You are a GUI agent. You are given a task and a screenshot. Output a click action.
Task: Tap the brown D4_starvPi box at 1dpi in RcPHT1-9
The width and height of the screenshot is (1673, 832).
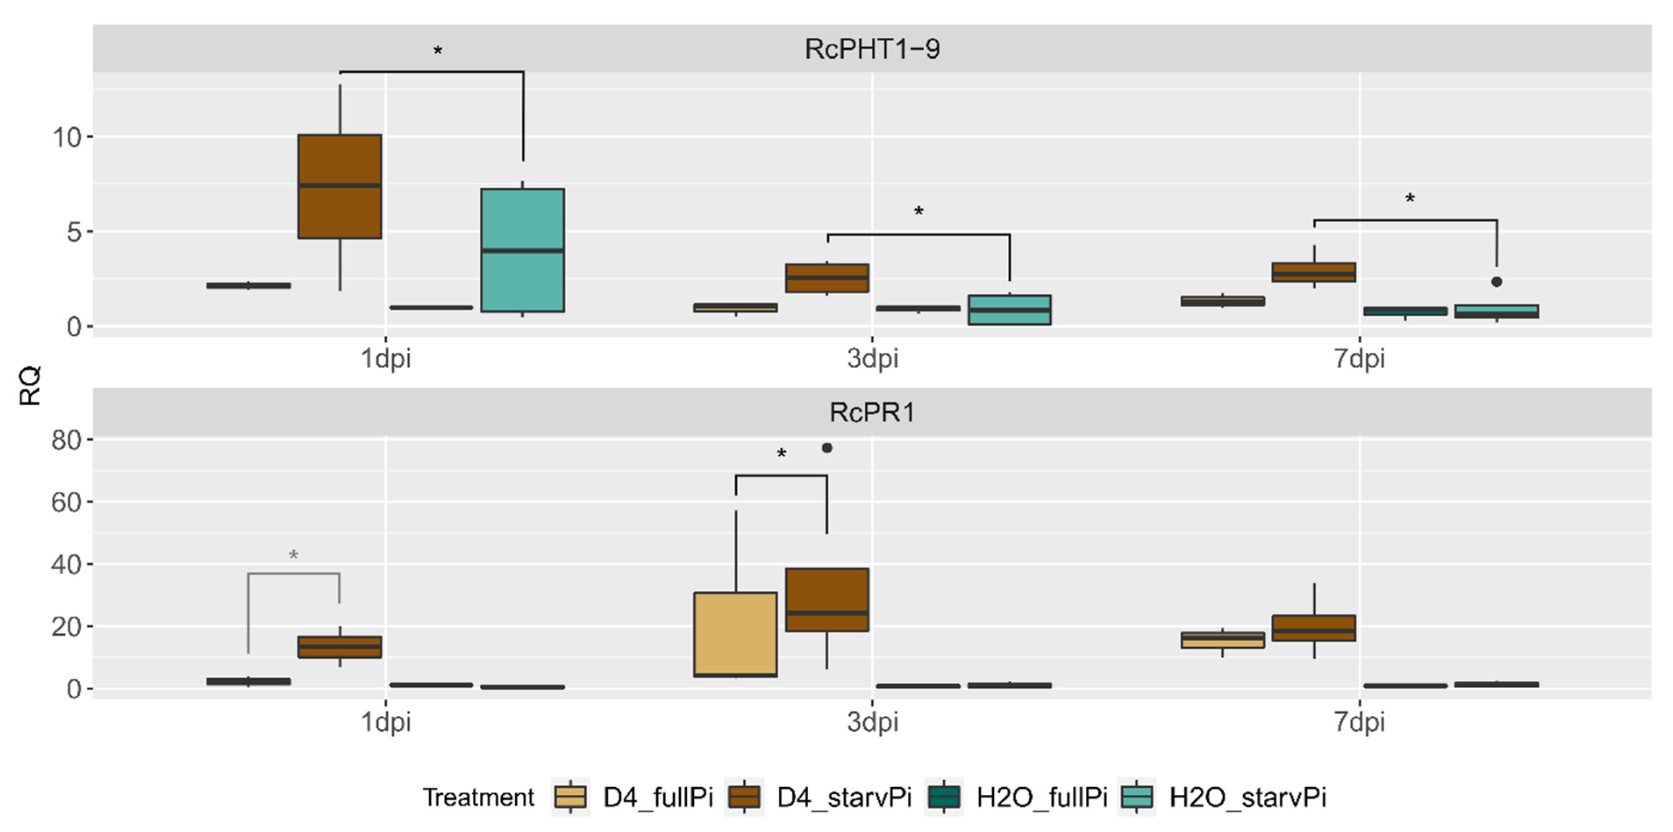(x=340, y=186)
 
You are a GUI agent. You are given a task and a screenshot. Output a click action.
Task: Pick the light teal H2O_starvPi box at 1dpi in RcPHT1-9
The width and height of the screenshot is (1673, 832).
(x=522, y=250)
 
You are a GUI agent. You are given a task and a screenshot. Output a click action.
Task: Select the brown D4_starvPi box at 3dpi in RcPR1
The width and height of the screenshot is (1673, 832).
(x=827, y=600)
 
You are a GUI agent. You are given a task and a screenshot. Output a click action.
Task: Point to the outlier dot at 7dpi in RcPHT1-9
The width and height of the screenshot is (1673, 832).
(x=1497, y=282)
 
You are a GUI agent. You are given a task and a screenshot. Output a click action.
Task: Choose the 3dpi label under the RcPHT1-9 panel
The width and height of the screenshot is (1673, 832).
(x=872, y=358)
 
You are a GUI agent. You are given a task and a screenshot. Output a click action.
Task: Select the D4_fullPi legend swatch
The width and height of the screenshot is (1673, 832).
(x=570, y=797)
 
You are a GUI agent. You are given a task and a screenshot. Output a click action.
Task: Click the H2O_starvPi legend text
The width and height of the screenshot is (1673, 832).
(x=1248, y=797)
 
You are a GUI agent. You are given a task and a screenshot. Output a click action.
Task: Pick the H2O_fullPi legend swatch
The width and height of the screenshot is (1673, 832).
(x=944, y=797)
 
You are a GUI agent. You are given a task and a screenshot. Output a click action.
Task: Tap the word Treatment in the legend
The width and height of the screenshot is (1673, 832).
(x=478, y=797)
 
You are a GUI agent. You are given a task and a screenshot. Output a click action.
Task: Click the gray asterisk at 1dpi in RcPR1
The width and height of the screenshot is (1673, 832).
(x=293, y=555)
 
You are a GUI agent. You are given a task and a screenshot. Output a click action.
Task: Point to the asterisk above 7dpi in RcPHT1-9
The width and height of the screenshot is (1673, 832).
(x=1410, y=198)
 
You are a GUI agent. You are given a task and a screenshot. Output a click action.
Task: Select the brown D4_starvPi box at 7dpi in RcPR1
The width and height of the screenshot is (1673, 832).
(x=1314, y=628)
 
